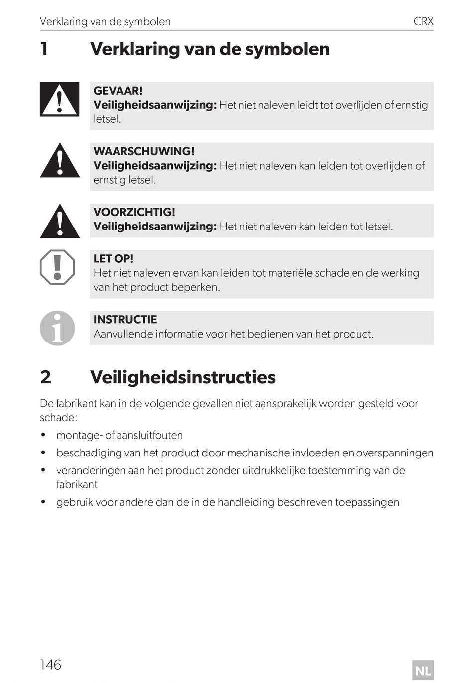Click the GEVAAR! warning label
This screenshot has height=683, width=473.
[x=118, y=91]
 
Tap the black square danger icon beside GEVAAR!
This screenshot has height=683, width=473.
[x=59, y=100]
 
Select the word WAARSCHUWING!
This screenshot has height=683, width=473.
[x=144, y=151]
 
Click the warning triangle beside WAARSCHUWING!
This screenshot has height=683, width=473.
[x=60, y=161]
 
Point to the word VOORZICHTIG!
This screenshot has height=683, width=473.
[x=134, y=212]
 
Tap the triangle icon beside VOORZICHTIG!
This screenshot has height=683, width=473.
[x=60, y=222]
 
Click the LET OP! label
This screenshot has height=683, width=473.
[x=114, y=259]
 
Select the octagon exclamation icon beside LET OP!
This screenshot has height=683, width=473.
[x=57, y=267]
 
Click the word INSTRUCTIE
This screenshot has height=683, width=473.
[x=125, y=320]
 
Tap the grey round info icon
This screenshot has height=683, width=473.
[x=57, y=328]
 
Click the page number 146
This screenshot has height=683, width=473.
[x=50, y=665]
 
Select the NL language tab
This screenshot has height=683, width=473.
[x=423, y=670]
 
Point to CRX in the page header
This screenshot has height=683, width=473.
[x=423, y=22]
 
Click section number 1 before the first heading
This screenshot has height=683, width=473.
[x=44, y=49]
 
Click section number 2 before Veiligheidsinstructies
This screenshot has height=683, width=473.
[x=45, y=377]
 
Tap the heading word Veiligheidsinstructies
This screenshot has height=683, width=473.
[x=183, y=377]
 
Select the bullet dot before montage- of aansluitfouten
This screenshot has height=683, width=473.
[x=43, y=435]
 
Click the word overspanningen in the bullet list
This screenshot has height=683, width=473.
[x=395, y=453]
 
